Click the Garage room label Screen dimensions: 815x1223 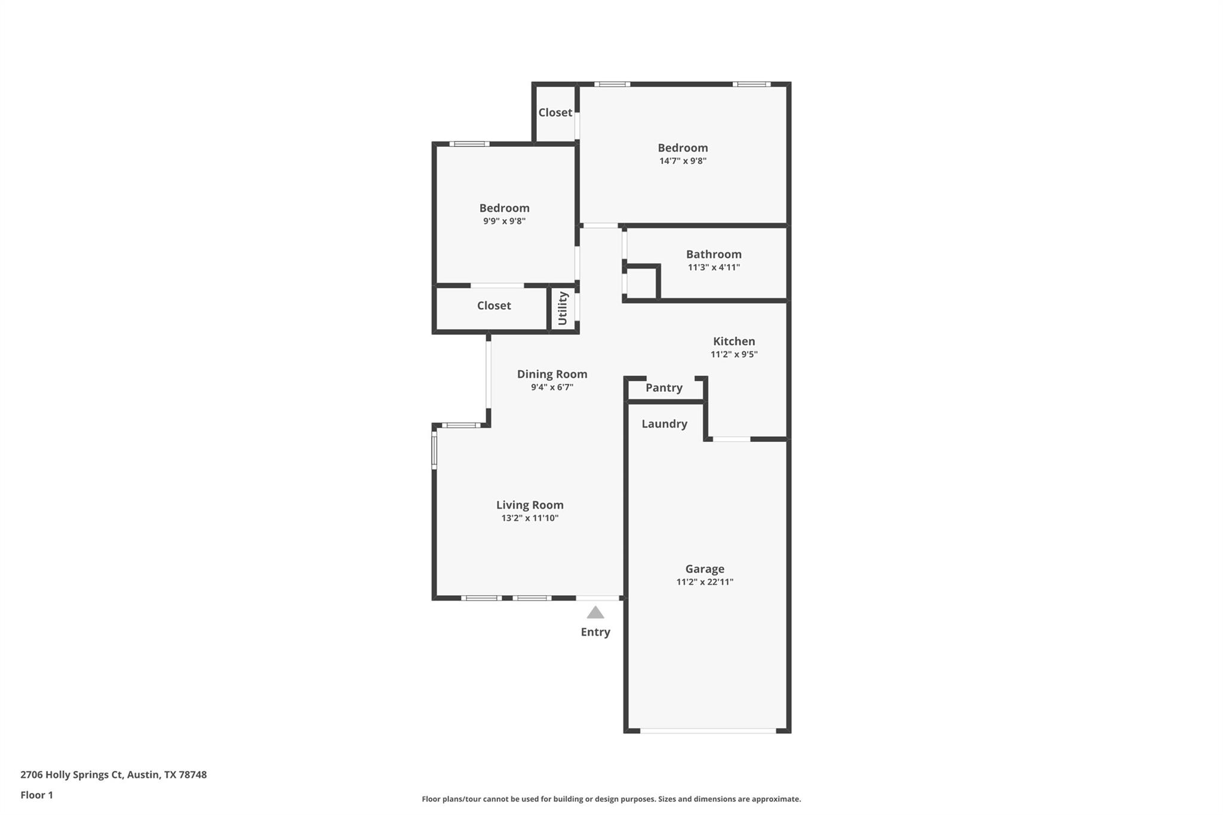click(705, 569)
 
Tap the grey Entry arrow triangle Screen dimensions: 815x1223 click(595, 613)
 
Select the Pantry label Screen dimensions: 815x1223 click(663, 388)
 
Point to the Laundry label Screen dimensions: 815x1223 click(664, 424)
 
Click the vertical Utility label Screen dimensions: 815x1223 click(563, 308)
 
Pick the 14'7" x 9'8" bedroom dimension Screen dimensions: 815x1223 click(683, 161)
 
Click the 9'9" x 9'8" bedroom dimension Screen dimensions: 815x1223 click(504, 222)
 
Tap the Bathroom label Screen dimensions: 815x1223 click(714, 254)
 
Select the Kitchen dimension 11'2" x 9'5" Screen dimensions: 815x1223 click(734, 355)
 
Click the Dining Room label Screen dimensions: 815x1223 click(552, 374)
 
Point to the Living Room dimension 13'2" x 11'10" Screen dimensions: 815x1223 click(530, 518)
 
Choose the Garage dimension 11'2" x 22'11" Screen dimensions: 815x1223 click(705, 582)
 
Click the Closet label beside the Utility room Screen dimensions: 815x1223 click(494, 306)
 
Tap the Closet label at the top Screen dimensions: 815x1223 click(555, 113)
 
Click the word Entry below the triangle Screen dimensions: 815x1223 click(595, 632)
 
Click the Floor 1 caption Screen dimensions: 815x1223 click(36, 795)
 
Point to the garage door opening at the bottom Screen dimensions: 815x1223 click(708, 730)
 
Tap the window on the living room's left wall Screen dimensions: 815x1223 click(435, 450)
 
